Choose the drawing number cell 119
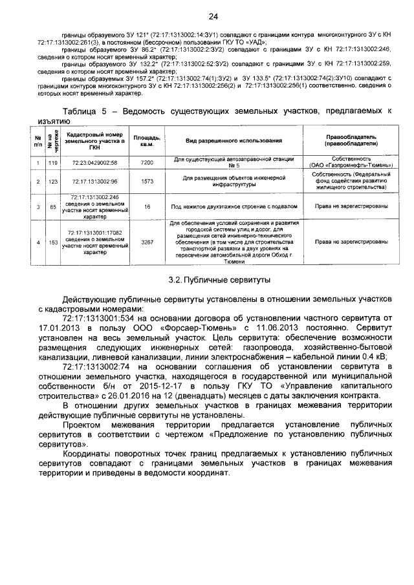point(53,162)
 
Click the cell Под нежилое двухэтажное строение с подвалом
point(233,206)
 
